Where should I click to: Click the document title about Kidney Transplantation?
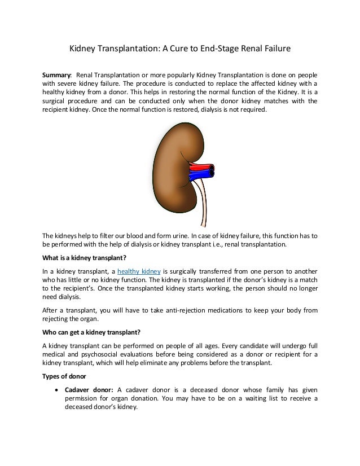coord(179,49)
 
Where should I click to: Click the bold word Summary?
coord(56,75)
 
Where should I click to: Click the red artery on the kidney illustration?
coord(199,166)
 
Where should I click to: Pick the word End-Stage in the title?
coord(212,49)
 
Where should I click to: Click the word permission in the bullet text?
coord(84,399)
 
